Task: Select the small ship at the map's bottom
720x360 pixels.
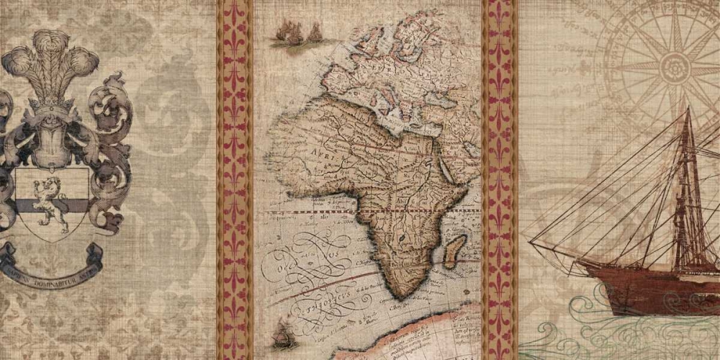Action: point(282,335)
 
